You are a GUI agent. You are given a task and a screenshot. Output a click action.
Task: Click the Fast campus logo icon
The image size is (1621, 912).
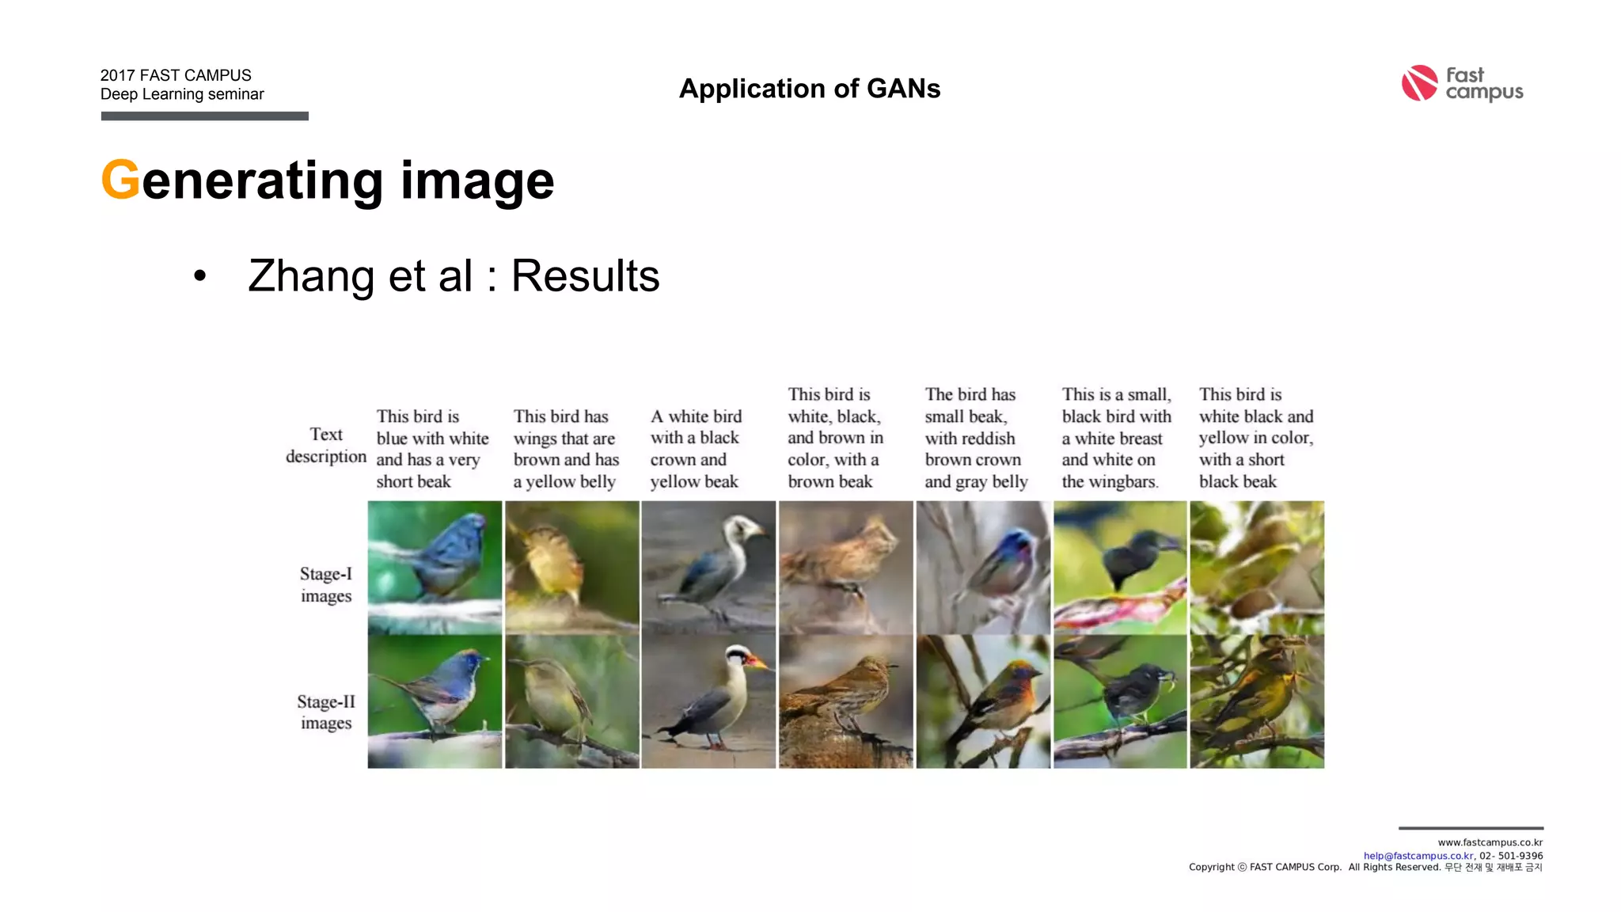[x=1419, y=83]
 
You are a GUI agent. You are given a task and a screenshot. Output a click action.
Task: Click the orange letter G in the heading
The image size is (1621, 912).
[x=120, y=180]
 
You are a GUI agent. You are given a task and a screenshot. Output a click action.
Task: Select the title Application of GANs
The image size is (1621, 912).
[x=810, y=89]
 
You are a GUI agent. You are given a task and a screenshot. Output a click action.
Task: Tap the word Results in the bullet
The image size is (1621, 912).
[x=585, y=276]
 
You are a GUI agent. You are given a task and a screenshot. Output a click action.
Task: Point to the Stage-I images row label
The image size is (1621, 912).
[x=326, y=584]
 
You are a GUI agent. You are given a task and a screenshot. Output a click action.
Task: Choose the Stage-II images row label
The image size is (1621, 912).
[x=326, y=712]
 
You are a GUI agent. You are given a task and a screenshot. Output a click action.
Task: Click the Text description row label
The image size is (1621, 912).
[x=326, y=445]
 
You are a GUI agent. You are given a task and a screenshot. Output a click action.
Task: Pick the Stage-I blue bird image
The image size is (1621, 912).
[x=435, y=567]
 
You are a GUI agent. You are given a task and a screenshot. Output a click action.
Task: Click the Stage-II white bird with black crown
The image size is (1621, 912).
[x=708, y=701]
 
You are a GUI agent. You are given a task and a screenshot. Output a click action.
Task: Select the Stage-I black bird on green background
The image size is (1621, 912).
[x=1120, y=567]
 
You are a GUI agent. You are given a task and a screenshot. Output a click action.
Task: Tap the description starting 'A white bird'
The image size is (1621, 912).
[x=696, y=449]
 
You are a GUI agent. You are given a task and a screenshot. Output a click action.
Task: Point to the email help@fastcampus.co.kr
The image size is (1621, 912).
[x=1418, y=856]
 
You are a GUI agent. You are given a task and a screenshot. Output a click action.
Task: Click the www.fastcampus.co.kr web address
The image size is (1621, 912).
[x=1490, y=842]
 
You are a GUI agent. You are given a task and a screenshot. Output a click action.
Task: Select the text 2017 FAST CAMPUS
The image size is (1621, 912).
[x=176, y=75]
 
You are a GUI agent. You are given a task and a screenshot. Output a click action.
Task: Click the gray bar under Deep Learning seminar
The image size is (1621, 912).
[x=204, y=116]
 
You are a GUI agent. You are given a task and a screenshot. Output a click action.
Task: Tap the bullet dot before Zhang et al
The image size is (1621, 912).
[x=199, y=276]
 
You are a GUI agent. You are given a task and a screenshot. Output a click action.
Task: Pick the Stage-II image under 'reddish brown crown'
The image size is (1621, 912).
[x=983, y=701]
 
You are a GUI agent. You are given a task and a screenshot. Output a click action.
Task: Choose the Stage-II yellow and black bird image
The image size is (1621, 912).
[x=1257, y=701]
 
